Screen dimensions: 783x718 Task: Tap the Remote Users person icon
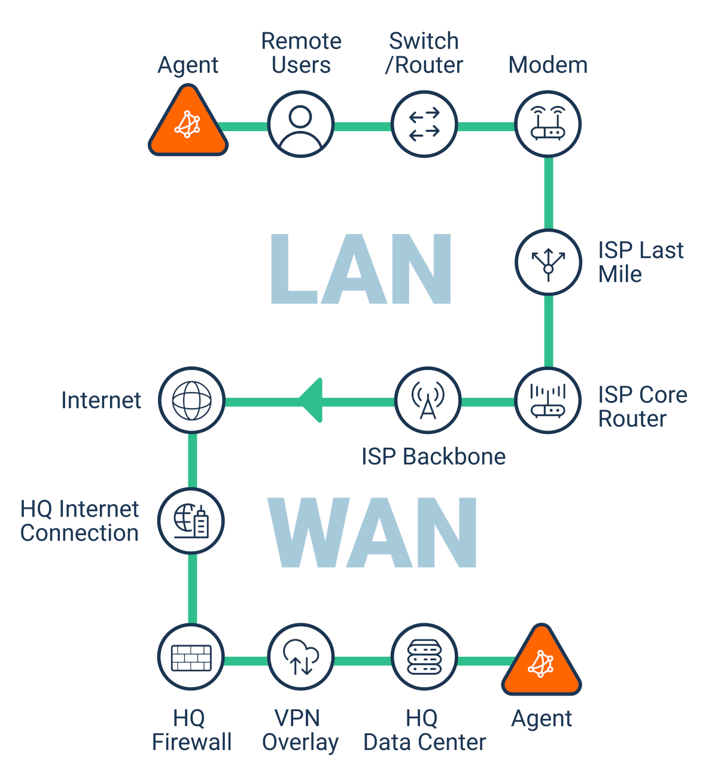click(300, 125)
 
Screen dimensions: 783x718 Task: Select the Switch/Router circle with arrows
click(424, 125)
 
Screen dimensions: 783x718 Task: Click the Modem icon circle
click(548, 125)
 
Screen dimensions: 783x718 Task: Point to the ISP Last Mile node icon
click(548, 262)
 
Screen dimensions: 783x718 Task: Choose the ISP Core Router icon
click(548, 400)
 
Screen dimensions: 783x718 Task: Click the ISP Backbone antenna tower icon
click(428, 400)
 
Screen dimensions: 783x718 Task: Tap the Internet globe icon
click(191, 400)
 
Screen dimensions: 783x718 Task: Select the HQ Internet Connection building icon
click(191, 520)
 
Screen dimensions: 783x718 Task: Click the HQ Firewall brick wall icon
click(191, 657)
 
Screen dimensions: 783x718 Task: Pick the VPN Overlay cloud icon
click(300, 657)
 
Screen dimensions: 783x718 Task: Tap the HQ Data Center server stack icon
click(424, 657)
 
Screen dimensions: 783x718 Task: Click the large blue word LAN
click(361, 269)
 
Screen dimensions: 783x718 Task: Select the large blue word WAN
click(372, 533)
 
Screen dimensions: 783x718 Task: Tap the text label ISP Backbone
click(433, 457)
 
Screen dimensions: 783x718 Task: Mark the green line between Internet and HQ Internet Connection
click(192, 460)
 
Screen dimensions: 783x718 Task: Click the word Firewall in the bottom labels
click(191, 742)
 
